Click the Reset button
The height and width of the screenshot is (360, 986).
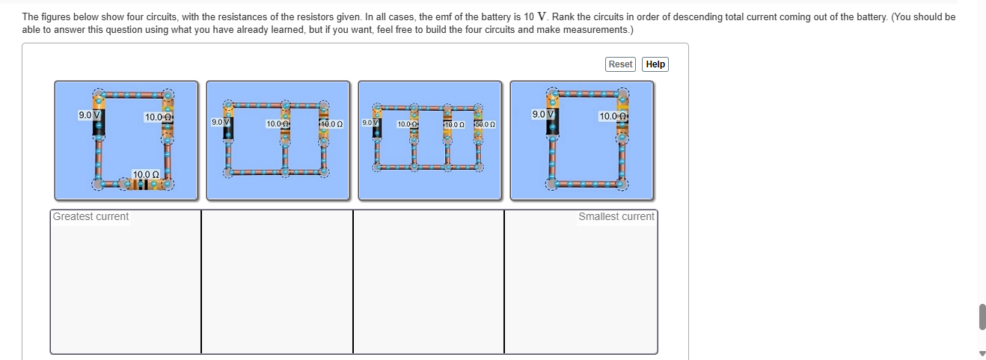click(620, 64)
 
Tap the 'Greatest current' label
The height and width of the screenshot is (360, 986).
click(91, 217)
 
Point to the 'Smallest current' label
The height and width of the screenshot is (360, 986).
click(616, 217)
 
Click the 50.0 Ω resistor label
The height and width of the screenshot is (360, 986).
click(485, 123)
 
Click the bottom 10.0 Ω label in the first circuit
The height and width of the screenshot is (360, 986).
click(147, 174)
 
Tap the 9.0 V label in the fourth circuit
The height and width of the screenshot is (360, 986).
click(543, 115)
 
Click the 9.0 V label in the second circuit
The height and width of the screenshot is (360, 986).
click(221, 121)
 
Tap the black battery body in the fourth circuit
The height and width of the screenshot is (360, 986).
click(552, 128)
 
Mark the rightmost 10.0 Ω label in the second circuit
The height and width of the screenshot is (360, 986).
click(331, 123)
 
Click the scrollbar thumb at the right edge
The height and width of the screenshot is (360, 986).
click(982, 316)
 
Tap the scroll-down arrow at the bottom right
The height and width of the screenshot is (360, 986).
click(982, 353)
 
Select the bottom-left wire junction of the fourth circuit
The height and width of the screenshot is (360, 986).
click(551, 183)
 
